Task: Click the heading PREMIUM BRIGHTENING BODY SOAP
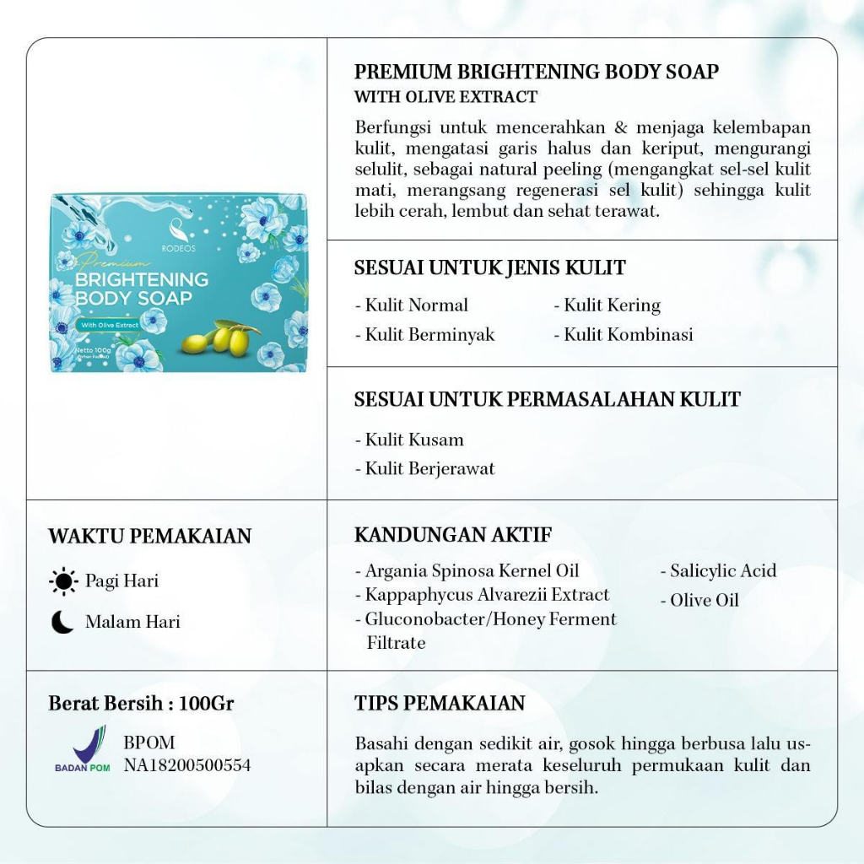(536, 72)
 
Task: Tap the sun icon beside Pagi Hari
(63, 581)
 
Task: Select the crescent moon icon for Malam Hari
(62, 623)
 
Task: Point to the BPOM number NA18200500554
(186, 765)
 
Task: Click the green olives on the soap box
(222, 338)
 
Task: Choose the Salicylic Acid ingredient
(718, 571)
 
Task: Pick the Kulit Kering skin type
(607, 305)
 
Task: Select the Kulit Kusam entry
(409, 440)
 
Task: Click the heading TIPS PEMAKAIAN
(440, 704)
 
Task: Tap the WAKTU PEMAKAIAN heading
(149, 537)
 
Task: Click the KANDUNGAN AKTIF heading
(453, 535)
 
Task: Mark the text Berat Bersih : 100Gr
(141, 704)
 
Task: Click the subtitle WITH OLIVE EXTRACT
(445, 97)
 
